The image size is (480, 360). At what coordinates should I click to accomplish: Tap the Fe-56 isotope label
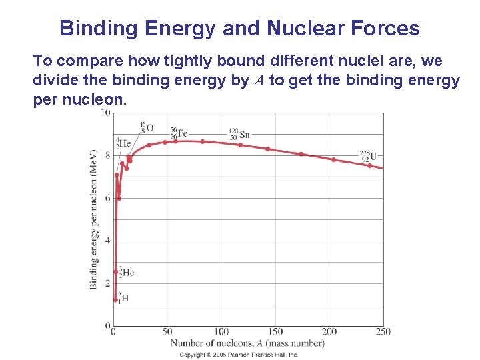coord(178,133)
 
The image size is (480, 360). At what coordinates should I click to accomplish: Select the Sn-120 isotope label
coord(239,134)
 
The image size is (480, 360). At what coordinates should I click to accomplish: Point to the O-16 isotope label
coord(147,127)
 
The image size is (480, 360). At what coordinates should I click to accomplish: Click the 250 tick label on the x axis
coord(383,331)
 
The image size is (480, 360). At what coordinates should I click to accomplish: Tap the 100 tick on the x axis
coord(221,331)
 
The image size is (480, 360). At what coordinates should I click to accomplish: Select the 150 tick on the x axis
coord(275,331)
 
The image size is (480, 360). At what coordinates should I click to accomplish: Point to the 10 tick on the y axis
coord(105,113)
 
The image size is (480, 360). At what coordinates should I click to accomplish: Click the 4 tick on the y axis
coord(107,241)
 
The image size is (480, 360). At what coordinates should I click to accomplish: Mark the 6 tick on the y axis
coord(107,198)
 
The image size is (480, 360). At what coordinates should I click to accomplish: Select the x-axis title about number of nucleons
coord(247,343)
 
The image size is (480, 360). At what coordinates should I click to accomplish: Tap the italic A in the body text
coord(259,81)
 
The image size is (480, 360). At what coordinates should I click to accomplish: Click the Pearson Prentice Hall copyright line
coord(239,355)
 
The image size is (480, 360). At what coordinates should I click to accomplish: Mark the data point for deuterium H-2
coord(115,300)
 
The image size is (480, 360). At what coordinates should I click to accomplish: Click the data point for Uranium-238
coord(369,165)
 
